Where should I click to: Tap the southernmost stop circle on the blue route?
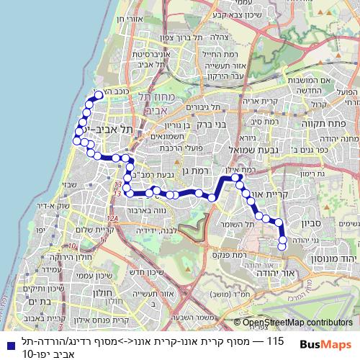tap(282, 248)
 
